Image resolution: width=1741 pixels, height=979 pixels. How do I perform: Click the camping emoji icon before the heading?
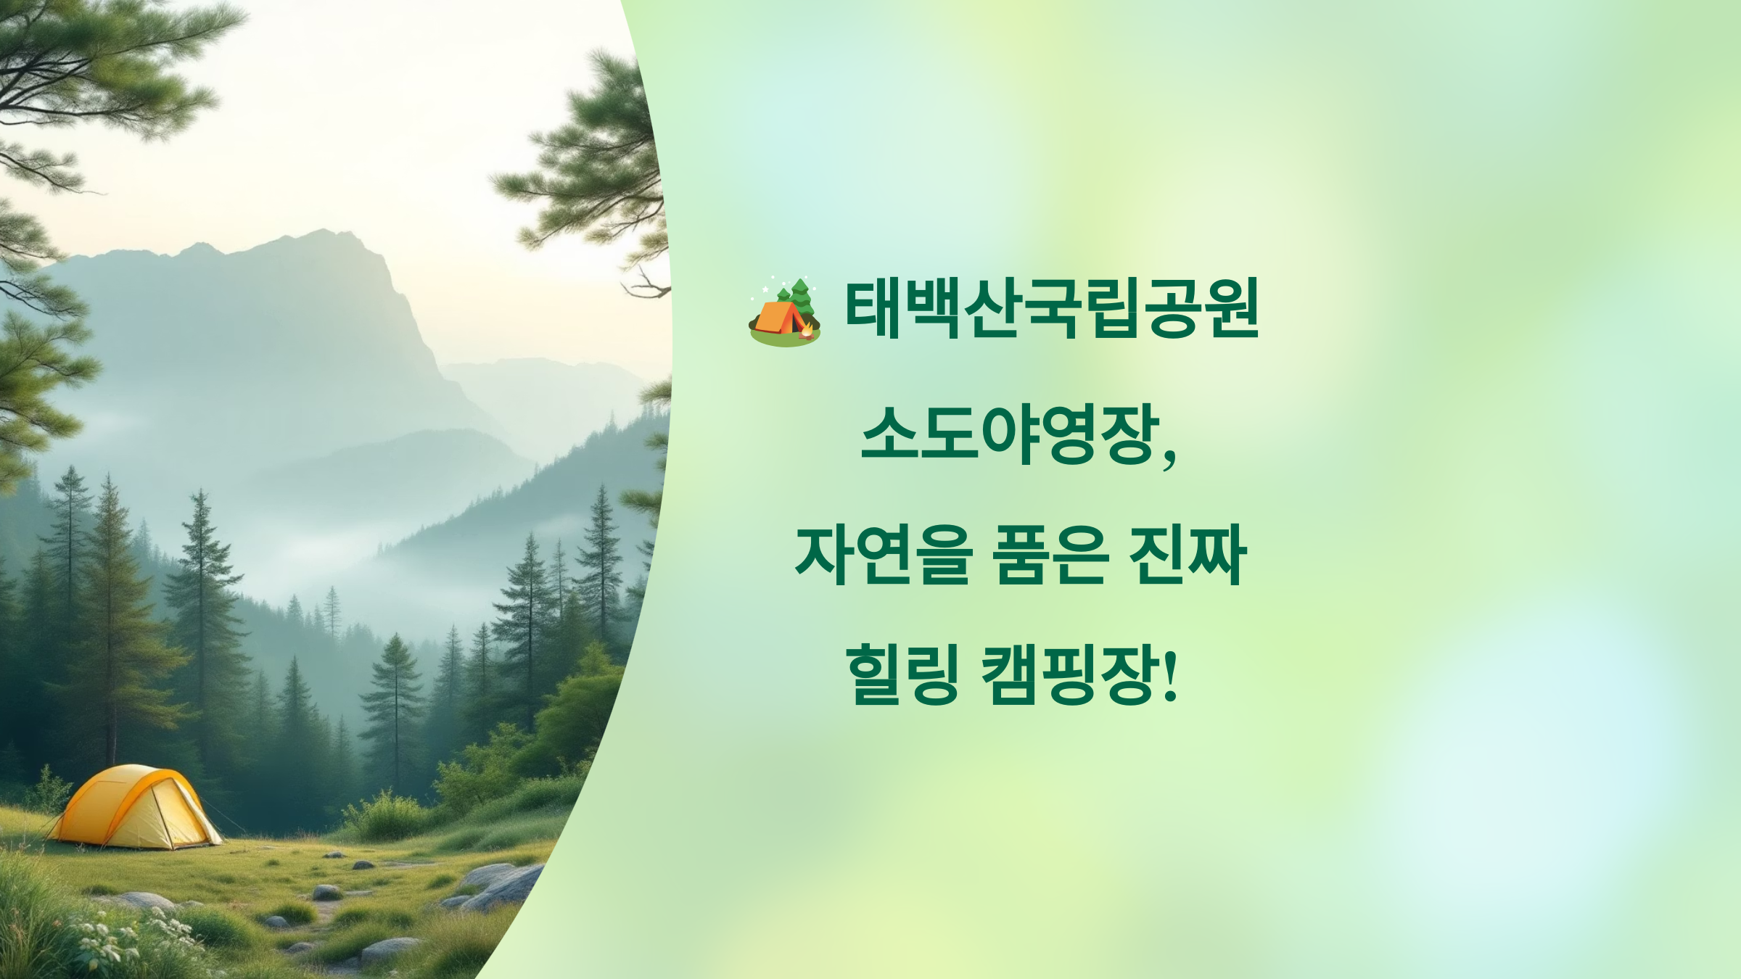coord(784,312)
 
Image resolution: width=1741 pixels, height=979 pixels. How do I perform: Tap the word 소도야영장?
coord(1009,434)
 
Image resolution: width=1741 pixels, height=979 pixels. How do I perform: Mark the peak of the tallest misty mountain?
coord(323,234)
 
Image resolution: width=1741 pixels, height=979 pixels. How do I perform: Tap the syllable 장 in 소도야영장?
coord(1128,434)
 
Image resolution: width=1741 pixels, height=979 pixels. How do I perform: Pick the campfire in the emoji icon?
coord(806,331)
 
